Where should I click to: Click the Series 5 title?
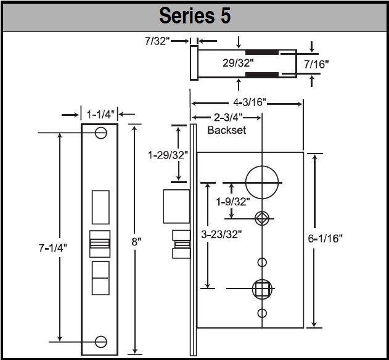195,15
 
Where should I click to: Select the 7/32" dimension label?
157,41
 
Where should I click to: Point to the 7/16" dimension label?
317,63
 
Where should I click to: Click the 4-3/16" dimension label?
246,102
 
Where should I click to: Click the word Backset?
226,130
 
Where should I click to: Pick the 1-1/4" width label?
99,114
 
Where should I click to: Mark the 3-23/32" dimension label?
221,234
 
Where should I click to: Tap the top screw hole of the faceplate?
100,132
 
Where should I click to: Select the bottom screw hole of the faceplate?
100,340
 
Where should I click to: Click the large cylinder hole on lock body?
261,183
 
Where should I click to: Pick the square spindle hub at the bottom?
261,288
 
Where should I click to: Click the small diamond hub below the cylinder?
261,217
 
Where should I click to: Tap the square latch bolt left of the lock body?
176,206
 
